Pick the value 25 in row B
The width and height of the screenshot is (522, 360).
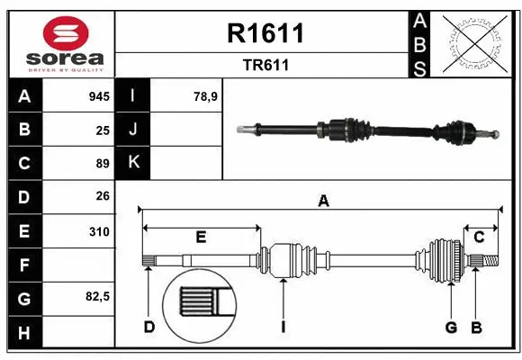click(103, 130)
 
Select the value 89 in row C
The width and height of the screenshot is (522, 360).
click(103, 164)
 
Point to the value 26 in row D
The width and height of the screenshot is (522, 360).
click(103, 196)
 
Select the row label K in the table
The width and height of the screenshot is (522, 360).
click(134, 163)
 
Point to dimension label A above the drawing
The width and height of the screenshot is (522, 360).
click(323, 202)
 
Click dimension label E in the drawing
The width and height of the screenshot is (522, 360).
click(201, 237)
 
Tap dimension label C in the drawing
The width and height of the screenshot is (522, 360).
click(480, 237)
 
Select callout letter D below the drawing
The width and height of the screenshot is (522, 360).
click(149, 327)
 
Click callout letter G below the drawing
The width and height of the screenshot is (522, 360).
click(451, 327)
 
